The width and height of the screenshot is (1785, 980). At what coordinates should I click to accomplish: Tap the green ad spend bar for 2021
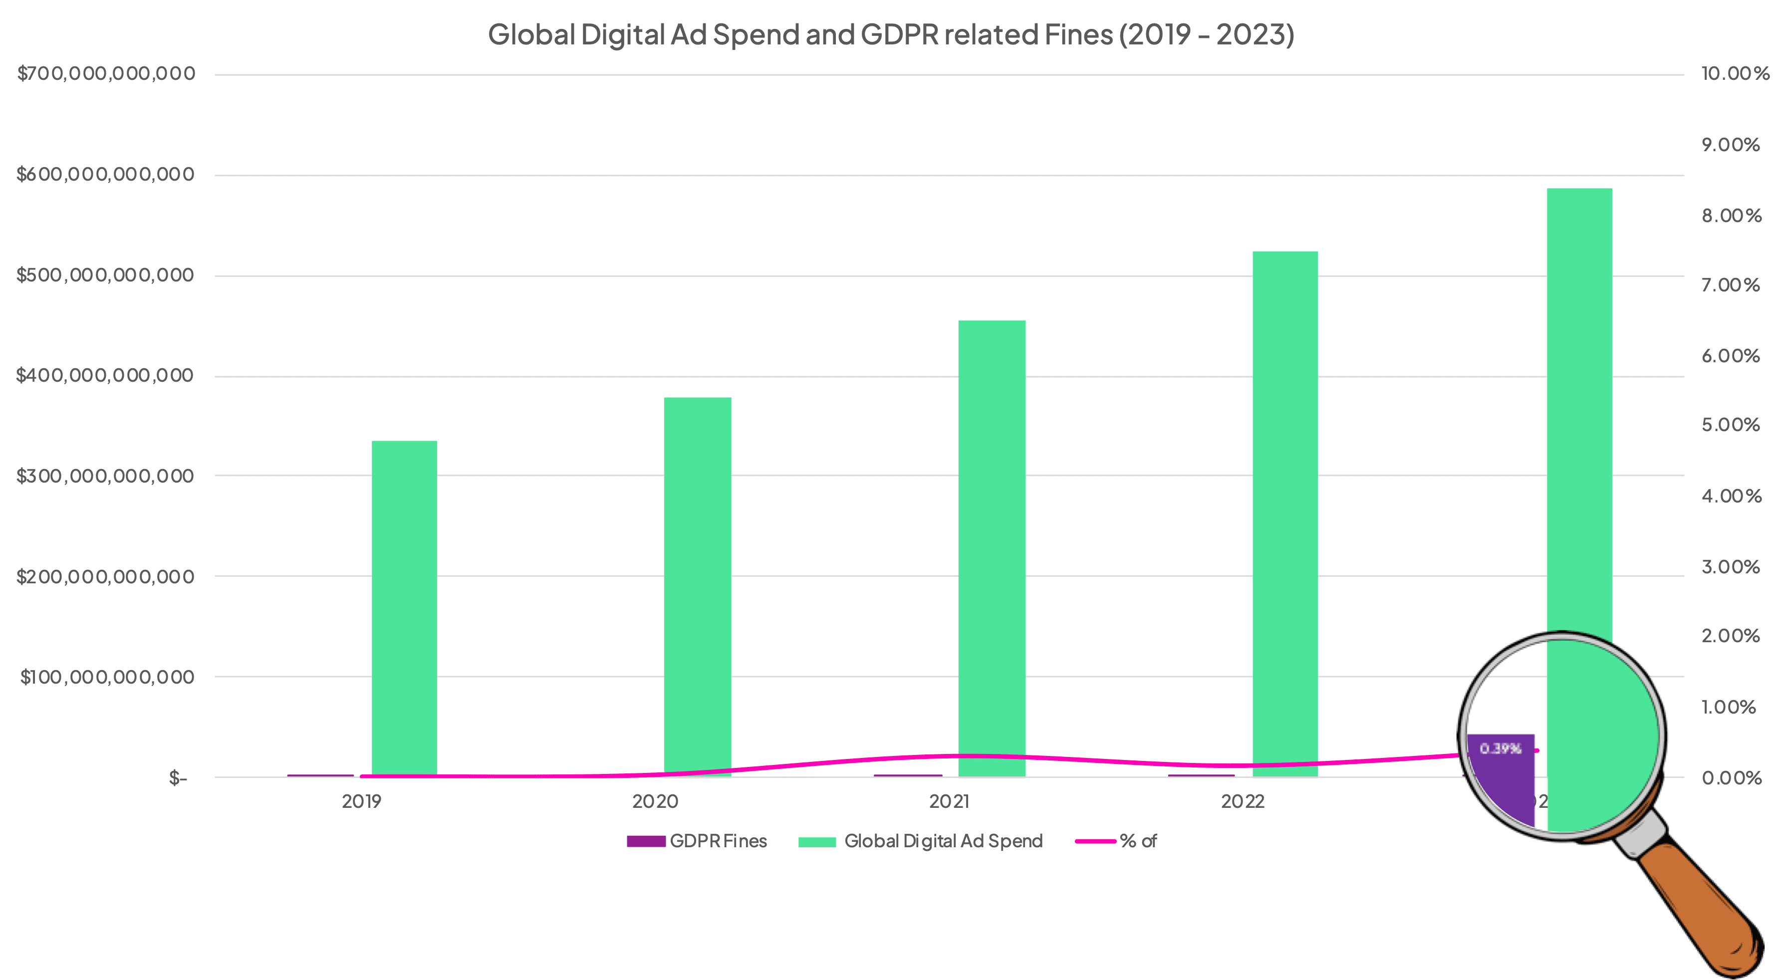coord(992,547)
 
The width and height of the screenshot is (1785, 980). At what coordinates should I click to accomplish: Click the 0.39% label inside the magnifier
coord(1500,748)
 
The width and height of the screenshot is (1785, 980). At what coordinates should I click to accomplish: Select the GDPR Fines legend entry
coord(697,841)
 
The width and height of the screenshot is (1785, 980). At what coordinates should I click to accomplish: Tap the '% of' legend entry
coord(1116,841)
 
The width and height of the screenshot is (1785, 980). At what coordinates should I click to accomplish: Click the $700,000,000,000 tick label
coord(106,73)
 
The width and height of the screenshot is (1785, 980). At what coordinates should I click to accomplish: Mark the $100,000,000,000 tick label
coord(107,677)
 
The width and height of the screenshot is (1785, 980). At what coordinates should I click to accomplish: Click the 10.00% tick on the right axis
coord(1735,73)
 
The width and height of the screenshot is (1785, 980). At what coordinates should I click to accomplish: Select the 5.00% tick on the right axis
coord(1730,425)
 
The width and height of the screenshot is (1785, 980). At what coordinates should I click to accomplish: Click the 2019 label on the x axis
coord(362,802)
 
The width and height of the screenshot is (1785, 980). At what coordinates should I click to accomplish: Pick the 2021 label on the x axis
coord(949,802)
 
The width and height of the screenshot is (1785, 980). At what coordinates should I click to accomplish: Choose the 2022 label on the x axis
coord(1243,802)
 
